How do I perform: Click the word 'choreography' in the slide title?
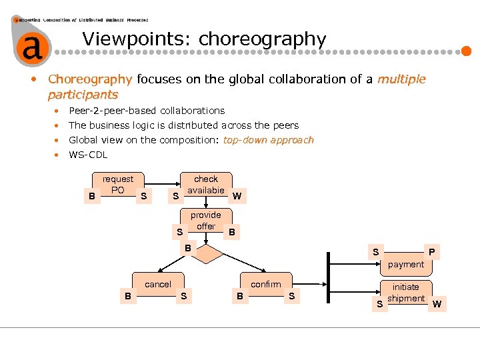[x=262, y=39]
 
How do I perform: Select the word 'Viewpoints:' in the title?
[x=137, y=39]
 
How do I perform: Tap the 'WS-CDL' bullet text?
[x=88, y=155]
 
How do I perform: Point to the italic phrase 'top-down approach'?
[x=268, y=140]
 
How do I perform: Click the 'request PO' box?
[x=118, y=185]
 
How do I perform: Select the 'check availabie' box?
[x=206, y=185]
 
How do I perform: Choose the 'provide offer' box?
[x=206, y=221]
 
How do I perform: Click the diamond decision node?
[x=206, y=254]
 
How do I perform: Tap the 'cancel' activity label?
[x=158, y=284]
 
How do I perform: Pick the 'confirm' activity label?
[x=266, y=284]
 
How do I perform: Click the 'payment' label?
[x=405, y=264]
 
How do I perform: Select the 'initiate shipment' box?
[x=405, y=293]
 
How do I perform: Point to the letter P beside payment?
[x=432, y=252]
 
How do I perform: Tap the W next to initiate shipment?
[x=437, y=305]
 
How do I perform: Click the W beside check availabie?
[x=237, y=196]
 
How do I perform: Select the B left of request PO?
[x=91, y=196]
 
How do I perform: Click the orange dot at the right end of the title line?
[x=467, y=50]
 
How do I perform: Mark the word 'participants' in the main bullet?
[x=83, y=94]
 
